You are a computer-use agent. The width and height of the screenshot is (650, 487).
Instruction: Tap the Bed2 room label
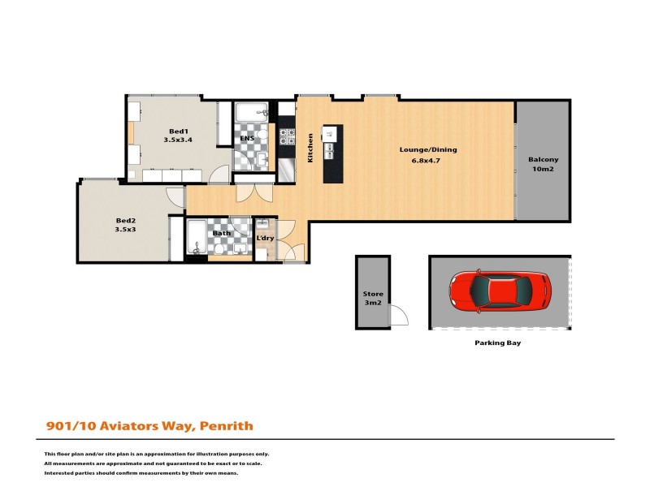[125, 220]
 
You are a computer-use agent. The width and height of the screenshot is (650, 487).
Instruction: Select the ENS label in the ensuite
[247, 139]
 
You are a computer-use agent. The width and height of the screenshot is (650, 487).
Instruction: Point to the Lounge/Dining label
[428, 149]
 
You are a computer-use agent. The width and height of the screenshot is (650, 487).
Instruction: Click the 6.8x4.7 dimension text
[428, 161]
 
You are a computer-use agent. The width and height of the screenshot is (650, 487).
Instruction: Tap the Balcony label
[543, 159]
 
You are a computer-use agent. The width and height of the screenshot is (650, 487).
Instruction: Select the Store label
[373, 294]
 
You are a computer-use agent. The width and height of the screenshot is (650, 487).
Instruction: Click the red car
[500, 290]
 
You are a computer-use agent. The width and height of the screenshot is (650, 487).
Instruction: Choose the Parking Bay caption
[497, 343]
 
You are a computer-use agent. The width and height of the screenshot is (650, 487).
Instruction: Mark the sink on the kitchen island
[331, 150]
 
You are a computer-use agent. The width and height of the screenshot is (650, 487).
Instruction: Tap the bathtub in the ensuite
[250, 111]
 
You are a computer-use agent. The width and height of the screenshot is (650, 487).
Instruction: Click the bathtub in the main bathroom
[196, 238]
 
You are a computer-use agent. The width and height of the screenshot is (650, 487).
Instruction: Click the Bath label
[221, 234]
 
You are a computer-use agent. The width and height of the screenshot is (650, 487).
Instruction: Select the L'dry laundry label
[265, 238]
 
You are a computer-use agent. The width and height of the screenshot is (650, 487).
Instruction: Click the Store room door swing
[399, 315]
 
